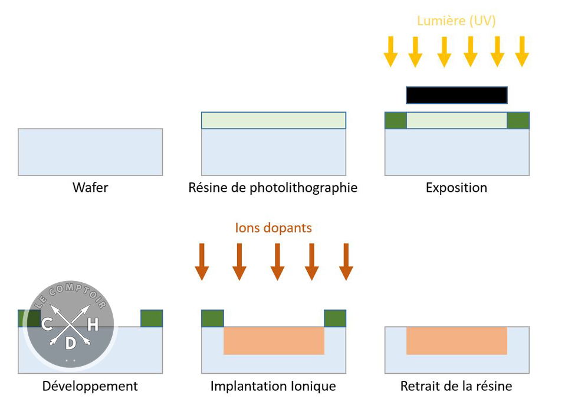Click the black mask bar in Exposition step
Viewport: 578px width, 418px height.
click(x=457, y=95)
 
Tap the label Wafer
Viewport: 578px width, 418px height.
click(x=90, y=188)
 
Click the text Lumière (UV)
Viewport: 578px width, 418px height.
click(x=456, y=21)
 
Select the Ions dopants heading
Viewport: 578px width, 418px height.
click(x=274, y=227)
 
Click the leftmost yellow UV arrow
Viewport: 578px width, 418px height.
click(x=390, y=51)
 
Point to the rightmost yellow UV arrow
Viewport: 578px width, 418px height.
click(x=522, y=51)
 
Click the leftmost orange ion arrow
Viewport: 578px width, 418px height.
click(x=202, y=262)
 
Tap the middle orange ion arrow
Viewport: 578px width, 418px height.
click(x=277, y=262)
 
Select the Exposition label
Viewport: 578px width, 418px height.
click(x=457, y=188)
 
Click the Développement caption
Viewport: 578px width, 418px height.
click(x=90, y=386)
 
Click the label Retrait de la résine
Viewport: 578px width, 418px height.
click(x=457, y=386)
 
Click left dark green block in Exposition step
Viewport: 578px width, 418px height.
click(x=396, y=120)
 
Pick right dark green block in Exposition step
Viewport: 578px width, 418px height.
click(x=518, y=120)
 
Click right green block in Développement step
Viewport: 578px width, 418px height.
click(x=151, y=318)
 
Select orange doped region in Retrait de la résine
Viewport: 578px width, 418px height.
click(x=457, y=341)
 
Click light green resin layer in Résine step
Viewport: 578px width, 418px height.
click(x=274, y=120)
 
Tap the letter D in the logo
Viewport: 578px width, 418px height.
click(x=70, y=343)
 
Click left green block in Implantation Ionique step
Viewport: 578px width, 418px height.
click(x=212, y=318)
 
